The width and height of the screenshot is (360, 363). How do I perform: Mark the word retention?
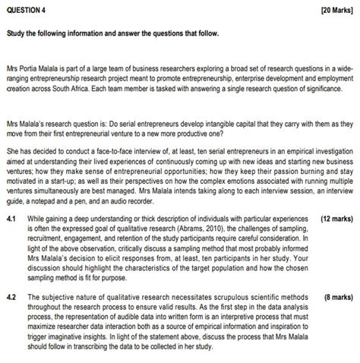pyautogui.click(x=125, y=237)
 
